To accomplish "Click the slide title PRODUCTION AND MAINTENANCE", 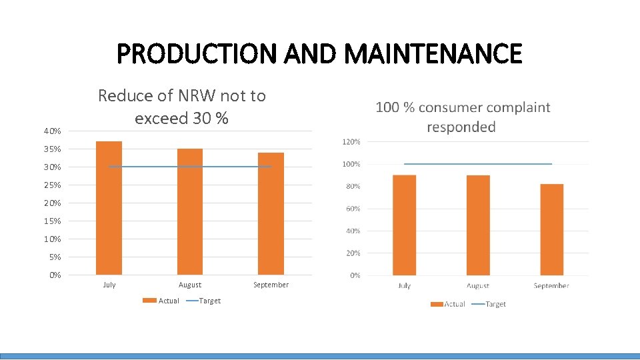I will [319, 53].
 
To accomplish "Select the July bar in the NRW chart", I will [109, 208].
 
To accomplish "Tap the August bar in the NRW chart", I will [190, 212].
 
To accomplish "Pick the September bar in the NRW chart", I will [271, 214].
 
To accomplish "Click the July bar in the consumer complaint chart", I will [404, 225].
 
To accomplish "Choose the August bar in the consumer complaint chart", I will [478, 225].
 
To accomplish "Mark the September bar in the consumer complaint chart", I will [551, 230].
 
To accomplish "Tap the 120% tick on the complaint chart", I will [351, 142].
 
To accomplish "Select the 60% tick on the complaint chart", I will [353, 209].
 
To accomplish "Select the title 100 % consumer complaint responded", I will [463, 117].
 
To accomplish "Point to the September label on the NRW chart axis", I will [271, 285].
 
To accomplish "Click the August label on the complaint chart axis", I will [478, 285].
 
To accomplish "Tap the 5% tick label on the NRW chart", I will [55, 257].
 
